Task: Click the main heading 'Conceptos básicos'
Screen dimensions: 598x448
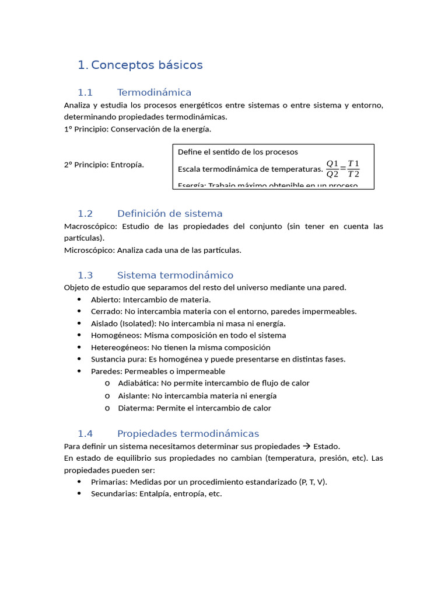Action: pyautogui.click(x=146, y=65)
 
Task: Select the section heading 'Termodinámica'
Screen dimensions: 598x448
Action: pyautogui.click(x=154, y=92)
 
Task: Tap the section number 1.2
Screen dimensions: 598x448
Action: pyautogui.click(x=85, y=213)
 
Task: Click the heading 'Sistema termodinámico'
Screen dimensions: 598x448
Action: pyautogui.click(x=175, y=275)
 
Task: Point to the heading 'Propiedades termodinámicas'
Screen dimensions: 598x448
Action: pyautogui.click(x=188, y=433)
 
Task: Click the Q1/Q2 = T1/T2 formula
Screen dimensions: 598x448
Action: pyautogui.click(x=342, y=168)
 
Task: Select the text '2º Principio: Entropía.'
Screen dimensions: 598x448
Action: pyautogui.click(x=104, y=165)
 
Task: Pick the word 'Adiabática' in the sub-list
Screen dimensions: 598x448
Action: pyautogui.click(x=138, y=383)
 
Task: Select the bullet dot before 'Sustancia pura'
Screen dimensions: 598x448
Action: pyautogui.click(x=79, y=359)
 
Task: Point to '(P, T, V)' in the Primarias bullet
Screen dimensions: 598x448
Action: pyautogui.click(x=313, y=482)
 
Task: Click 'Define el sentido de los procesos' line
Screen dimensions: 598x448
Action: pyautogui.click(x=237, y=152)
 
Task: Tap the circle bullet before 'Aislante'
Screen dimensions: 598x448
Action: pyautogui.click(x=107, y=396)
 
